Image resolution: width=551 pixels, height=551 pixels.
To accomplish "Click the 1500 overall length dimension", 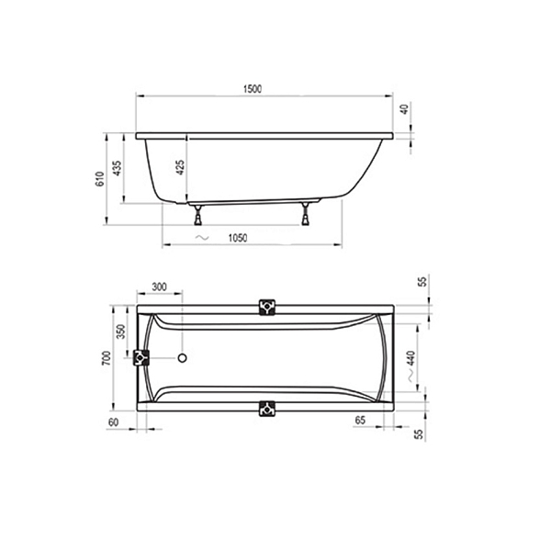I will [254, 89].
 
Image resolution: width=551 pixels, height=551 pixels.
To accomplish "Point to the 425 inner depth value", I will [181, 166].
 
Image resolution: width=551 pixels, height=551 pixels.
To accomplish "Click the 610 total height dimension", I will [100, 181].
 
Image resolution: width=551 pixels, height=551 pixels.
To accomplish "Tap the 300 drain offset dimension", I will [158, 287].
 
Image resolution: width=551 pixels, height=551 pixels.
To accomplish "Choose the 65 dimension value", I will [362, 420].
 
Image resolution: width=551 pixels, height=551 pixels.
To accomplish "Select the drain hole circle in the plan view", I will [182, 359].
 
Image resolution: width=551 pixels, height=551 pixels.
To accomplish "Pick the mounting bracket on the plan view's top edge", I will [267, 308].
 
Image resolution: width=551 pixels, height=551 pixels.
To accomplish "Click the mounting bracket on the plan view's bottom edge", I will [267, 409].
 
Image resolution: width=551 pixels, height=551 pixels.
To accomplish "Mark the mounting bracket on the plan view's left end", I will [142, 358].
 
